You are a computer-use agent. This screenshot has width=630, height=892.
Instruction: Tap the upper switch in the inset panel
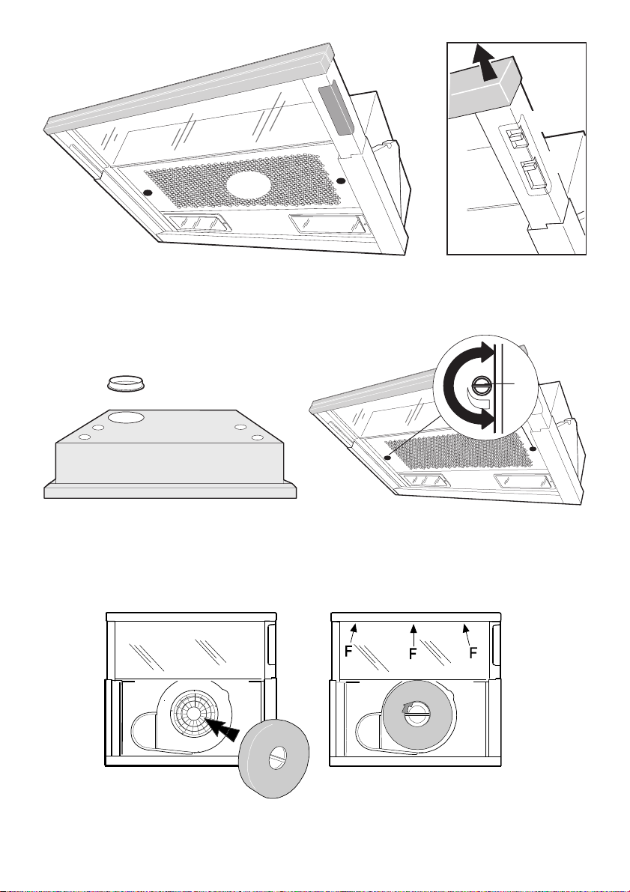(x=515, y=136)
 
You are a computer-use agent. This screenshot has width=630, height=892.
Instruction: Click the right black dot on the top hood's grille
(x=340, y=180)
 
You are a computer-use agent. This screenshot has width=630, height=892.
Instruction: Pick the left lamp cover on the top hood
(x=196, y=222)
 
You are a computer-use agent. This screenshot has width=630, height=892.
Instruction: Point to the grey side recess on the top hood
(x=331, y=109)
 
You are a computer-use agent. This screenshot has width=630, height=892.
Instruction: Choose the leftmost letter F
(x=348, y=652)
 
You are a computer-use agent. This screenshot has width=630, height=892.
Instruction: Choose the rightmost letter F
(x=473, y=653)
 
